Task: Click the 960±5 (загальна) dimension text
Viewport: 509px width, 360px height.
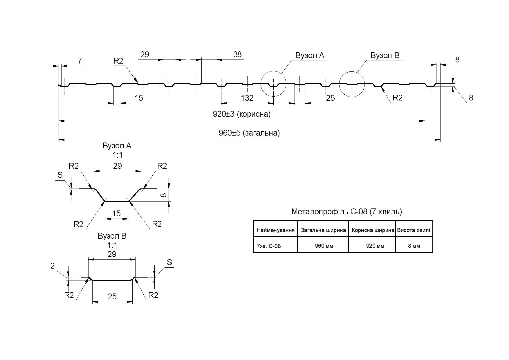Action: pyautogui.click(x=249, y=133)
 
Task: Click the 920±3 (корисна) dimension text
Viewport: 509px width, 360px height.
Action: pyautogui.click(x=241, y=114)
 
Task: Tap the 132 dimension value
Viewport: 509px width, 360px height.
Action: pyautogui.click(x=247, y=98)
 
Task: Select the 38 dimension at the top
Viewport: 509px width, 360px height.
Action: pyautogui.click(x=237, y=55)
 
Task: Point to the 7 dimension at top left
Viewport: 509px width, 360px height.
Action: pyautogui.click(x=80, y=61)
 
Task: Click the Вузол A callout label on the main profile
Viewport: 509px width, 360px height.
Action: pyautogui.click(x=310, y=55)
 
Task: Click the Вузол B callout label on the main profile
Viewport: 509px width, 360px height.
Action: pyautogui.click(x=385, y=55)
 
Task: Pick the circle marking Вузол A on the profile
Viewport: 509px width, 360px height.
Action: pyautogui.click(x=273, y=84)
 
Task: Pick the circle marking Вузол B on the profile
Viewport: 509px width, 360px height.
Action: pyautogui.click(x=352, y=84)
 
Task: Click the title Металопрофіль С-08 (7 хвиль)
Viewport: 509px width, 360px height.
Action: pyautogui.click(x=346, y=212)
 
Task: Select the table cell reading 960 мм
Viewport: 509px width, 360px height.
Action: pyautogui.click(x=324, y=246)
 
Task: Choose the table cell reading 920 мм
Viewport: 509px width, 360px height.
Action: pyautogui.click(x=375, y=246)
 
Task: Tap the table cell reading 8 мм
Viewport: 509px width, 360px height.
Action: pyautogui.click(x=414, y=246)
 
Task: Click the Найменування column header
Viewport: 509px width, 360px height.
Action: pyautogui.click(x=275, y=231)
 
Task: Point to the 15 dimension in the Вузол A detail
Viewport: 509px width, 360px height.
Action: pyautogui.click(x=116, y=214)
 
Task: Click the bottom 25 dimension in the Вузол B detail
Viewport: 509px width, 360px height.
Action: pyautogui.click(x=112, y=296)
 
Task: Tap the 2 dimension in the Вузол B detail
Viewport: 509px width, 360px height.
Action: pyautogui.click(x=53, y=266)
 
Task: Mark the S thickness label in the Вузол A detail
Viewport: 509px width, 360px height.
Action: pyautogui.click(x=60, y=175)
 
